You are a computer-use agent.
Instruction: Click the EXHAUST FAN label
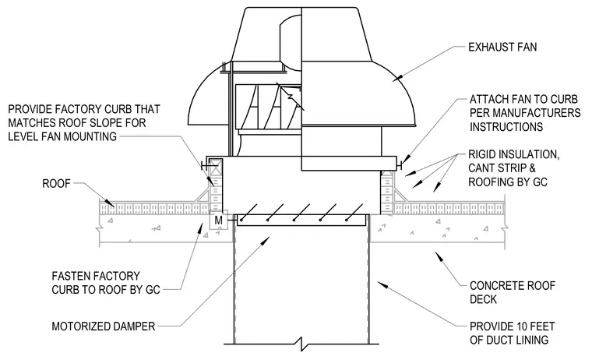[x=502, y=48]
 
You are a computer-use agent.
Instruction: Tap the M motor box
[x=219, y=220]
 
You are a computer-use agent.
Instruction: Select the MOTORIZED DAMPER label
[x=103, y=326]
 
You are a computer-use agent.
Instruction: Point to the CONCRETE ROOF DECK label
[x=513, y=292]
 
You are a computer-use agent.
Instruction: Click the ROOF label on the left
[x=56, y=184]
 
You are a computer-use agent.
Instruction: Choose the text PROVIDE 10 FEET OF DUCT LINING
[x=512, y=333]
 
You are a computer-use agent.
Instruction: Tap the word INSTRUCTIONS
[x=506, y=126]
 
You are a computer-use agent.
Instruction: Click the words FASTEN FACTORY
[x=96, y=276]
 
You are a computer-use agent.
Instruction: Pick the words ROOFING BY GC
[x=507, y=182]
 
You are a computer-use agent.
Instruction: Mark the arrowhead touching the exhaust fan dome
[x=396, y=78]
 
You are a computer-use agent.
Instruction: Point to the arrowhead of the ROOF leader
[x=110, y=203]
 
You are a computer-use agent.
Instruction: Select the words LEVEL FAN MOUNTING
[x=62, y=136]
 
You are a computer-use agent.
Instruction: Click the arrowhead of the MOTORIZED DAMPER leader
[x=266, y=241]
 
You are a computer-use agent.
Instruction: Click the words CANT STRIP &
[x=502, y=168]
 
